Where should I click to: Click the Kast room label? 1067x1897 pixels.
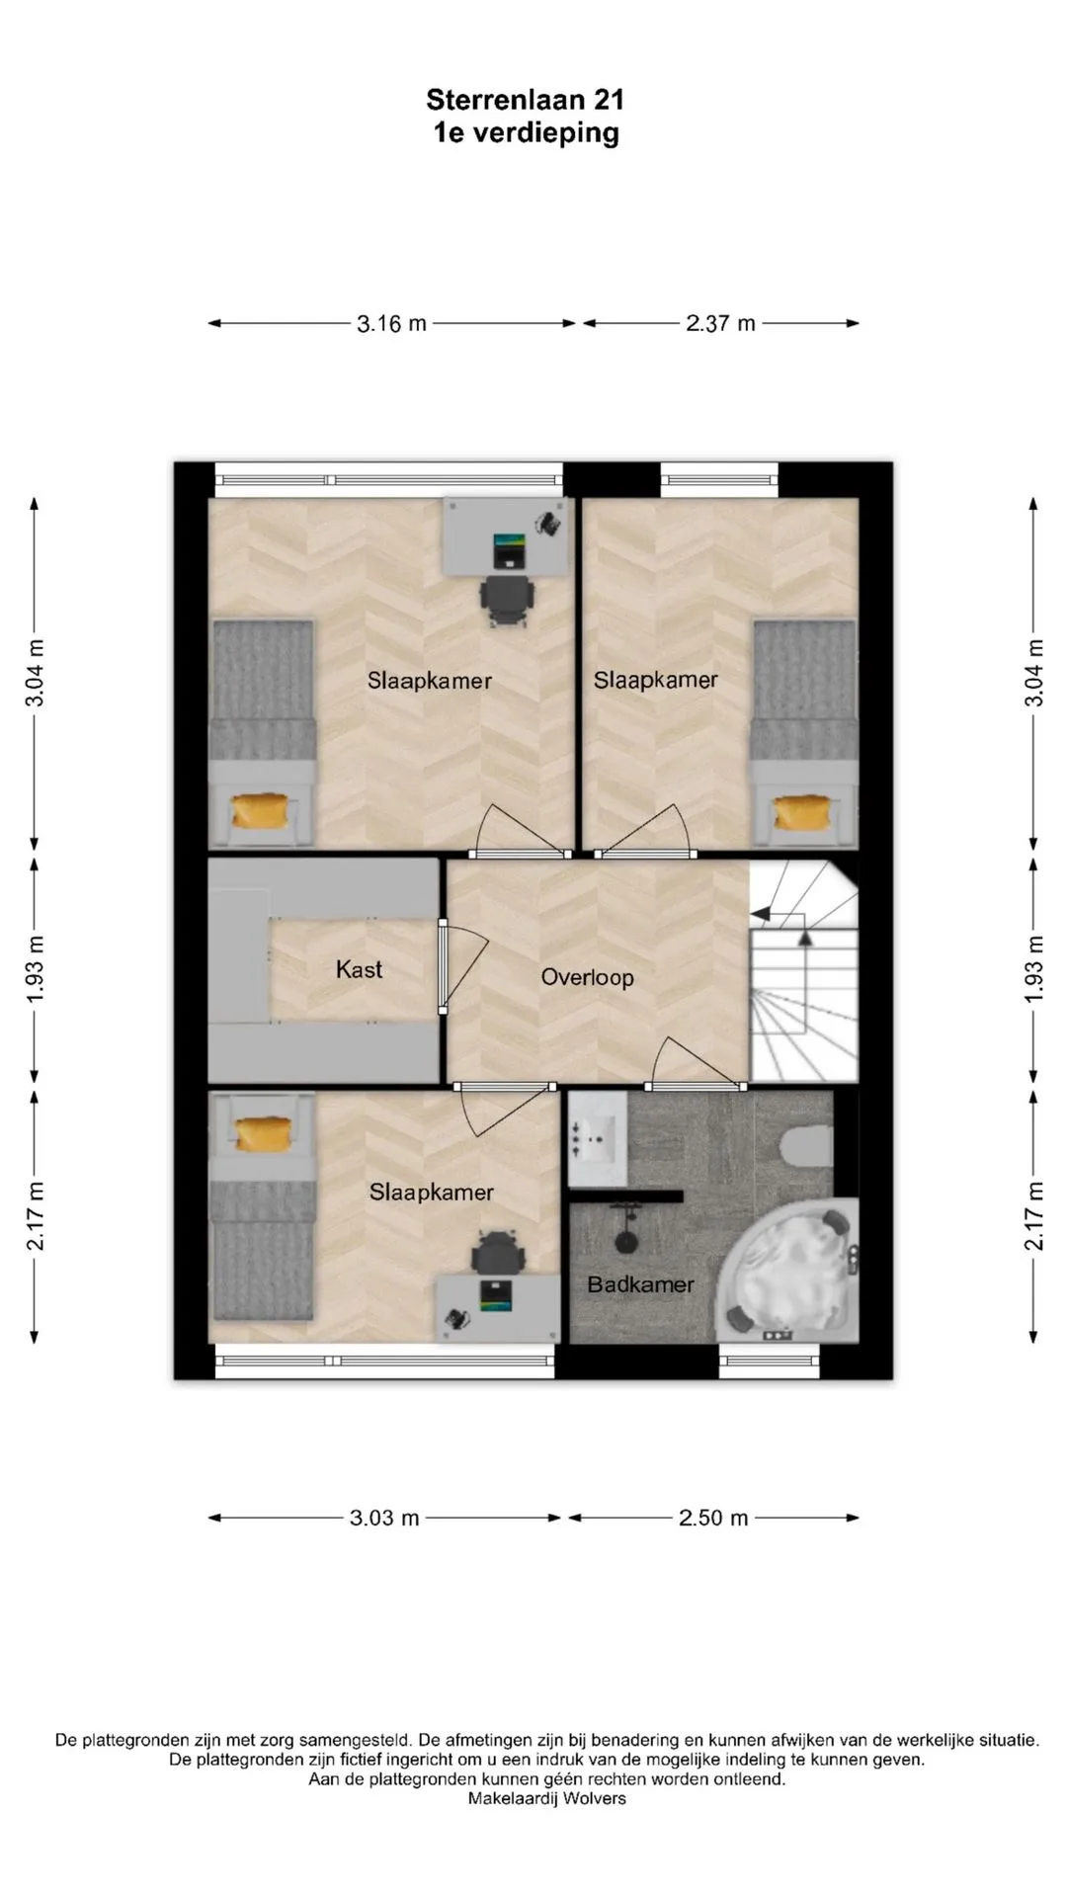click(359, 969)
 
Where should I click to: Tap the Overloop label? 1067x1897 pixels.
click(587, 978)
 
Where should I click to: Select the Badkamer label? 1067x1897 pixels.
click(640, 1284)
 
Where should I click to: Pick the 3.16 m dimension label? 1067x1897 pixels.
click(391, 323)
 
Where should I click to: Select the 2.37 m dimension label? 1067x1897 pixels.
click(720, 323)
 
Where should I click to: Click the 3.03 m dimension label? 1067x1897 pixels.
click(384, 1518)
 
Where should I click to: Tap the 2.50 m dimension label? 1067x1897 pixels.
click(713, 1518)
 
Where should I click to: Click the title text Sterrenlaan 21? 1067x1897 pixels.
click(525, 100)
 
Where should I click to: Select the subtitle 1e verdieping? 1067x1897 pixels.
click(526, 133)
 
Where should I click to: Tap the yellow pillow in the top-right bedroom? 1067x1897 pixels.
click(803, 813)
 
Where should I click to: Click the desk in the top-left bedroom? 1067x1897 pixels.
click(507, 536)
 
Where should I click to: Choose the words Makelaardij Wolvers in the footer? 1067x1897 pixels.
click(547, 1798)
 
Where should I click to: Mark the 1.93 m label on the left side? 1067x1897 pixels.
click(36, 968)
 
